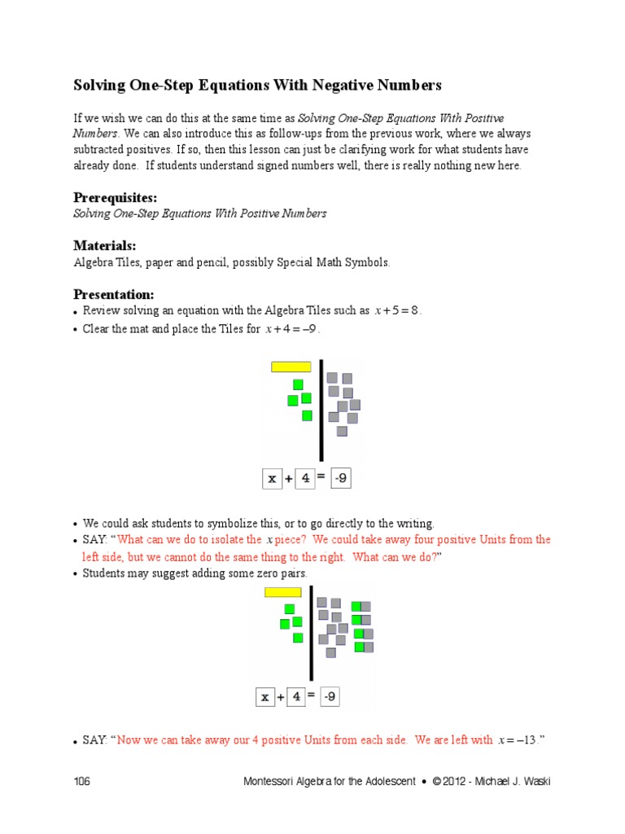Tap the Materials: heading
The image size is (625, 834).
[x=105, y=246]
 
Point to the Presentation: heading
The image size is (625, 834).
[x=113, y=294]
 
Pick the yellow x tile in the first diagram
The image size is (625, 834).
[x=291, y=367]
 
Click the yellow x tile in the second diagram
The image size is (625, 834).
[x=284, y=592]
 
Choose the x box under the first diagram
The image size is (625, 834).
[x=272, y=479]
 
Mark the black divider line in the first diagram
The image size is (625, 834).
[x=321, y=410]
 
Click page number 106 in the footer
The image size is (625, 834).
[x=81, y=782]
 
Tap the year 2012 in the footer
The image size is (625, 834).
[x=456, y=782]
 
